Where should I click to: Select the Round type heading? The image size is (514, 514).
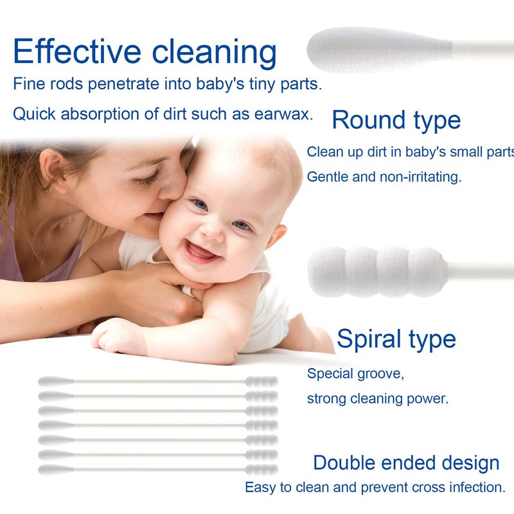click(x=396, y=120)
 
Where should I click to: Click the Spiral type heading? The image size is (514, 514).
click(x=396, y=339)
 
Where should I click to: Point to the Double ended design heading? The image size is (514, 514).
click(x=406, y=463)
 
